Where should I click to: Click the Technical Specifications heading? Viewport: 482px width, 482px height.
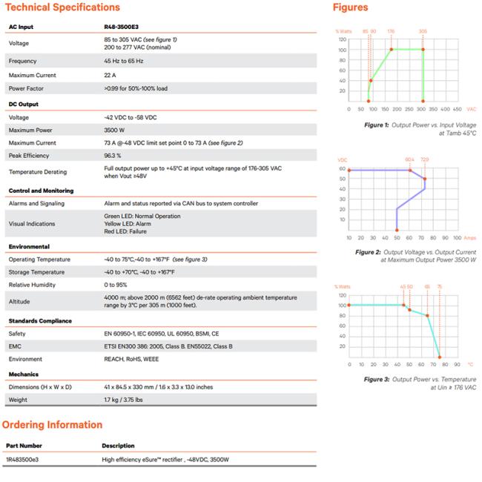click(62, 7)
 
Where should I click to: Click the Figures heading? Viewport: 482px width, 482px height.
click(350, 7)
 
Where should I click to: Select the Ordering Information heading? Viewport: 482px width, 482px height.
click(52, 425)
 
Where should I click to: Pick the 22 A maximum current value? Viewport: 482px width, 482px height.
click(110, 75)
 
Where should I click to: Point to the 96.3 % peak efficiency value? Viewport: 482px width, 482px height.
click(113, 156)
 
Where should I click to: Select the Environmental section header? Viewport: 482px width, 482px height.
click(29, 246)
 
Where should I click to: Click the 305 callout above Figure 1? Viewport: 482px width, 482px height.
click(423, 31)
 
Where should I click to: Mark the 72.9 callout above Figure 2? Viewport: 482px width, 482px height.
click(424, 159)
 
